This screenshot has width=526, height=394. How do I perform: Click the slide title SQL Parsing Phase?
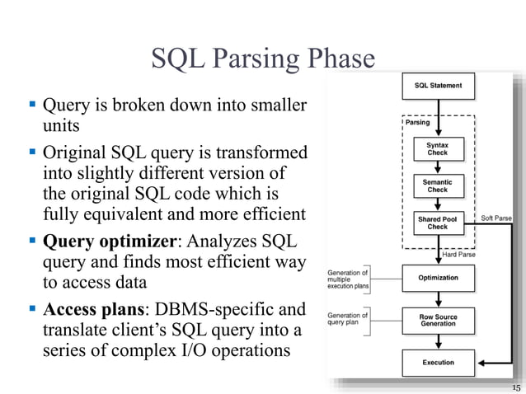click(263, 59)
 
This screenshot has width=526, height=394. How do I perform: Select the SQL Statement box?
click(438, 86)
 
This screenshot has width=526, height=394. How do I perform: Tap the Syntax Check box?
click(438, 149)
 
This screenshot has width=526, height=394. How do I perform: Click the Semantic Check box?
click(438, 185)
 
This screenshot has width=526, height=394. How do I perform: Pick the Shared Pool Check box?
click(438, 223)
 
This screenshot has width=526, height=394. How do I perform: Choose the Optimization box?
click(438, 278)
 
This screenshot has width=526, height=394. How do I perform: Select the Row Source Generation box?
click(438, 321)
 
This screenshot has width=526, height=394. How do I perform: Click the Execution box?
click(438, 363)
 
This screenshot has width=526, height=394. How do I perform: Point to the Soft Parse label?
click(496, 218)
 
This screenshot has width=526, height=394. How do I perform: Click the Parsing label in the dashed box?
click(418, 123)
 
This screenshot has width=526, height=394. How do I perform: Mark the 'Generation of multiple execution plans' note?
click(348, 277)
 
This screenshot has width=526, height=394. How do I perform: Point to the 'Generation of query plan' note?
click(346, 318)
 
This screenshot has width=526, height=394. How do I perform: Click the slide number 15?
click(516, 387)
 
